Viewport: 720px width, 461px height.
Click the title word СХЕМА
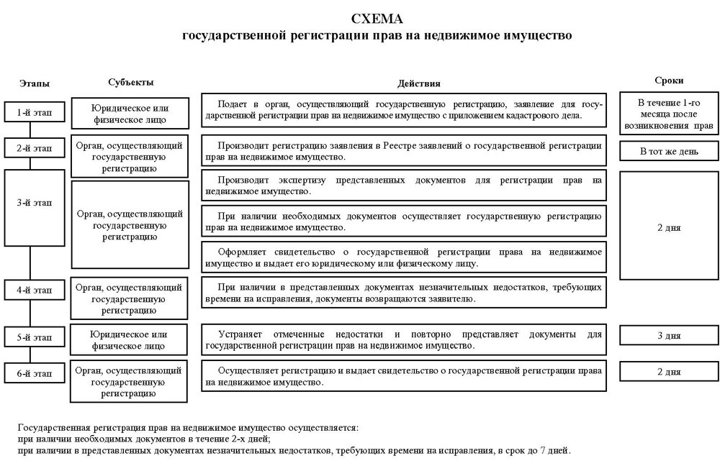377,18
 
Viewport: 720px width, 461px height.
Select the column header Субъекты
131,83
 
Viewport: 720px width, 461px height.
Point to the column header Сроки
669,81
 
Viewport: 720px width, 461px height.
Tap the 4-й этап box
35,290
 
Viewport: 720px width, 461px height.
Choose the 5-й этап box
35,337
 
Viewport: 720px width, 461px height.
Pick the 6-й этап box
35,373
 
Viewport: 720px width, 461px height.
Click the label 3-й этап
35,203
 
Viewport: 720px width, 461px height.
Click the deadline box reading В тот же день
669,152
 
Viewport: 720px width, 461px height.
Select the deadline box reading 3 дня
669,335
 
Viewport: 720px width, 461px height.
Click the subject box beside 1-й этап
130,114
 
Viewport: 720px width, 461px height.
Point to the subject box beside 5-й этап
130,339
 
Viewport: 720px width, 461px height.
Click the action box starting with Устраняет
402,340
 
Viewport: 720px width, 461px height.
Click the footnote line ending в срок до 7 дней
294,451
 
